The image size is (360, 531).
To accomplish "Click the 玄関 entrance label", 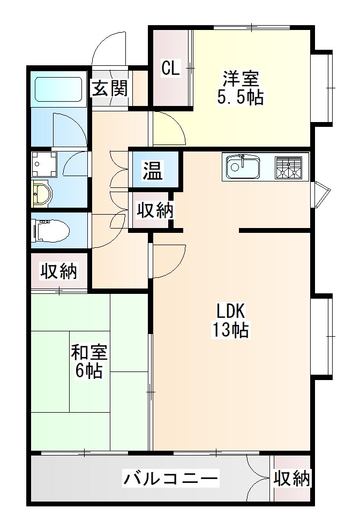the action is click(110, 89).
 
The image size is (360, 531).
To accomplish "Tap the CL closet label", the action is click(170, 68).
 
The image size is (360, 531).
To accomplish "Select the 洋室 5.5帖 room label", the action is click(241, 88).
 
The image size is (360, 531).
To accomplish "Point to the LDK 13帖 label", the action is click(230, 320).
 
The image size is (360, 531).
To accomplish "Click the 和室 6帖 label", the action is click(89, 361).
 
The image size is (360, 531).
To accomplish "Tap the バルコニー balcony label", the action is click(170, 479).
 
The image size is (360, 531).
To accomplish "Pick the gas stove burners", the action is click(288, 168).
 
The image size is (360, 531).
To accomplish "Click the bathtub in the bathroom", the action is click(59, 89).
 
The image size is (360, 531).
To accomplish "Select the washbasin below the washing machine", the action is click(42, 194).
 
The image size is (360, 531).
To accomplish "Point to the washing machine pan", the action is click(44, 164).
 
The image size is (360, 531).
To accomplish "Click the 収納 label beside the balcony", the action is click(292, 479).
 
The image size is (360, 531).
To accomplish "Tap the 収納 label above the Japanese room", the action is click(59, 271).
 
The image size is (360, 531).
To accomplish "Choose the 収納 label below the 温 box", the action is click(155, 210).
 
